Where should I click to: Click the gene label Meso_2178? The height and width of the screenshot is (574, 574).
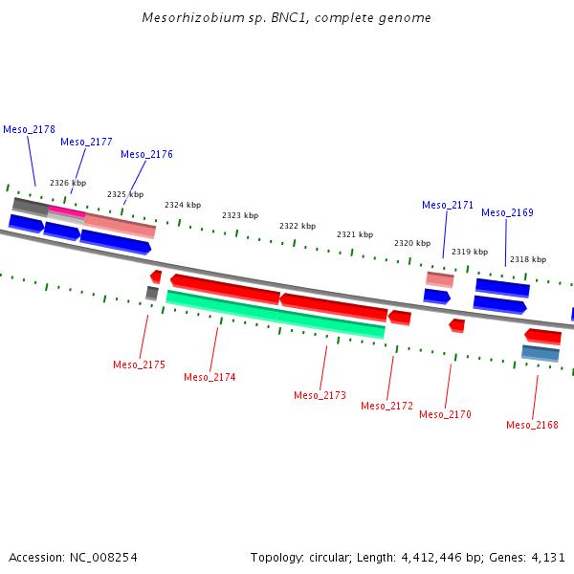(x=29, y=129)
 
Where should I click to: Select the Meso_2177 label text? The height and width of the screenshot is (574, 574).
(x=86, y=142)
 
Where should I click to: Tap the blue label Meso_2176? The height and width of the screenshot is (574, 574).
(x=146, y=154)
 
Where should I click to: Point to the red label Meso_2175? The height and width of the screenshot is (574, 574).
(x=139, y=364)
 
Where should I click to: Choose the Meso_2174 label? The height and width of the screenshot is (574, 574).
(x=210, y=377)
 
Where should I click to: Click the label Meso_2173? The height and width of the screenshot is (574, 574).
(x=320, y=395)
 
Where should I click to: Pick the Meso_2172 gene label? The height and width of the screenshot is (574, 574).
(x=386, y=406)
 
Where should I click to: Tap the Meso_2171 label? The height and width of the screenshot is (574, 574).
(x=448, y=205)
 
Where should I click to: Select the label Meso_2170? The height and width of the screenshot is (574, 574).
(x=445, y=414)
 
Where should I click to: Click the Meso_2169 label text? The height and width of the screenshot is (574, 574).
(x=507, y=212)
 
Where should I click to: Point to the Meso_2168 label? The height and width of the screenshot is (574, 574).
(x=532, y=425)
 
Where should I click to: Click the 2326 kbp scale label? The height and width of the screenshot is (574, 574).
(x=68, y=183)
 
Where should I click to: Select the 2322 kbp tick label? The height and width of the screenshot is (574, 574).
(x=298, y=226)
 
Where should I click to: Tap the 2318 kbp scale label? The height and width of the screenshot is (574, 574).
(x=528, y=259)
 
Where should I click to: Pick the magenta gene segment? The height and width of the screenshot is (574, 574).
(x=67, y=210)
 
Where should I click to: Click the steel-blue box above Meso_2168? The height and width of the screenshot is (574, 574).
(x=541, y=353)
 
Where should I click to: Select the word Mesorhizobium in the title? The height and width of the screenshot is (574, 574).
(x=188, y=18)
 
